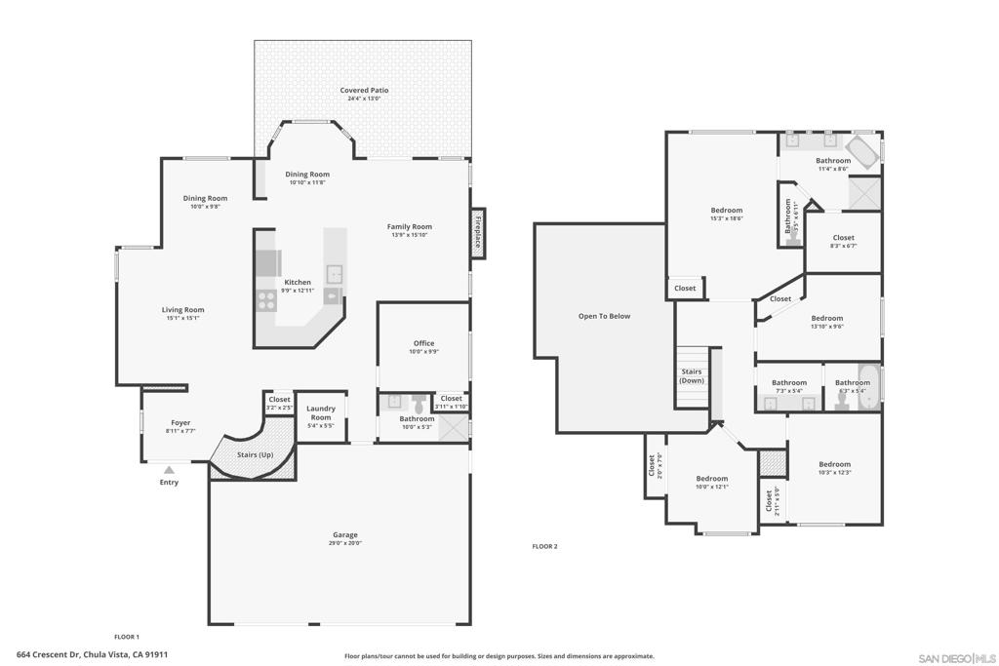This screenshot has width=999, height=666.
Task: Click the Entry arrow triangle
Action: (169, 470)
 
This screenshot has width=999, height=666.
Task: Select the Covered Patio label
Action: (364, 91)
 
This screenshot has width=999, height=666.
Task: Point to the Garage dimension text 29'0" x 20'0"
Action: (345, 543)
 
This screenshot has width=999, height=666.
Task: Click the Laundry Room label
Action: (321, 413)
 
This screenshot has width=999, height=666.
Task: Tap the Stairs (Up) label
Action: (256, 455)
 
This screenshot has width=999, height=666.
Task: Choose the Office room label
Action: (423, 343)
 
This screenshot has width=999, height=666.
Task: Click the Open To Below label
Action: (605, 316)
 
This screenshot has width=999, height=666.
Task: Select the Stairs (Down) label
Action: (692, 375)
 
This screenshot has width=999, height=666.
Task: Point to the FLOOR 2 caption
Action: (544, 546)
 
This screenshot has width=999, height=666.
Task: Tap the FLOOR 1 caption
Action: (127, 637)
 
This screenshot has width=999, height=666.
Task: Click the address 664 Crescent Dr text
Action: (93, 655)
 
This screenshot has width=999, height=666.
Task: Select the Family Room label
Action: (410, 226)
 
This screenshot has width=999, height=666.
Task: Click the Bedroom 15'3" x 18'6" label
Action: (727, 211)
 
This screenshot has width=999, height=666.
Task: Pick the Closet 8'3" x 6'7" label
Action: (844, 238)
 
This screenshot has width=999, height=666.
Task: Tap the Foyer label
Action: (180, 423)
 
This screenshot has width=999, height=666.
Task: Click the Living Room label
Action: (182, 310)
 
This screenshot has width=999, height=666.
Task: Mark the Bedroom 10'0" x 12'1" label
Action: (712, 479)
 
